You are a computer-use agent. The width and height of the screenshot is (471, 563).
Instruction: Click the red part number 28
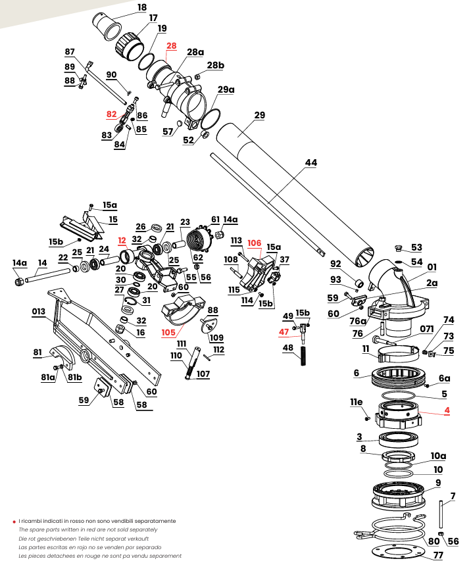(x=172, y=46)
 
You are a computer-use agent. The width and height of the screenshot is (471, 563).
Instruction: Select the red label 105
(x=168, y=332)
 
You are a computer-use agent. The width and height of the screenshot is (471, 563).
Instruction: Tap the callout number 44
(x=311, y=162)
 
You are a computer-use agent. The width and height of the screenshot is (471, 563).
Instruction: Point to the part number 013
(x=39, y=311)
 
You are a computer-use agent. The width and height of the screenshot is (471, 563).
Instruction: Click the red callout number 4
(x=447, y=410)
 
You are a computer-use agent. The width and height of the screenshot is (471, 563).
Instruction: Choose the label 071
(x=427, y=329)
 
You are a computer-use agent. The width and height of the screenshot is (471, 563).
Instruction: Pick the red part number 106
(x=254, y=243)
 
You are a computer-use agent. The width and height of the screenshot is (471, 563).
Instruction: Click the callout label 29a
(x=226, y=89)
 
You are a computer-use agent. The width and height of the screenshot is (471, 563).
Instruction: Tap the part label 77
(x=438, y=555)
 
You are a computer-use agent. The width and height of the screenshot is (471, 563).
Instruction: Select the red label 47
(x=284, y=331)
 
